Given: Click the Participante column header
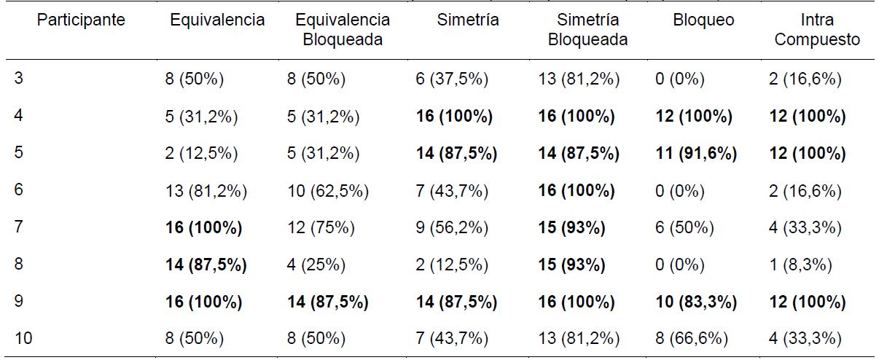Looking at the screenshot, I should point(82,20).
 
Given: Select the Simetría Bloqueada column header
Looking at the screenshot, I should point(587,30).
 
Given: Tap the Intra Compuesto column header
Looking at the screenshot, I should point(816,30).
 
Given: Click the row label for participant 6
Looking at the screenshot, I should point(19,191).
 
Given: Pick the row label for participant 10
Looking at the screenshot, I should point(23,338).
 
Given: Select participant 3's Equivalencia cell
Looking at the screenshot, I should point(194,79).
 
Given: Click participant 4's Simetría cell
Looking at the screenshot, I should point(453,117).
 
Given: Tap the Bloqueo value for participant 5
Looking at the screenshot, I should point(695,154).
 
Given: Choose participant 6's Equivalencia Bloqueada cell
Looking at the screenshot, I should point(327,191).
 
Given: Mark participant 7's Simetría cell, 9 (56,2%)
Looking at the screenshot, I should point(451,228).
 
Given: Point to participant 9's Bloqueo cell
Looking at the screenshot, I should point(695,302).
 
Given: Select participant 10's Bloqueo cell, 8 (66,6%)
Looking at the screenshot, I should point(690,338).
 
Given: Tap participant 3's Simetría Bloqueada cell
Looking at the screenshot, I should point(579,79).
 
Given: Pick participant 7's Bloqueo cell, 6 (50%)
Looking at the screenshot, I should point(684,228).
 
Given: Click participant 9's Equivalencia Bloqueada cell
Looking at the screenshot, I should point(327,302).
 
